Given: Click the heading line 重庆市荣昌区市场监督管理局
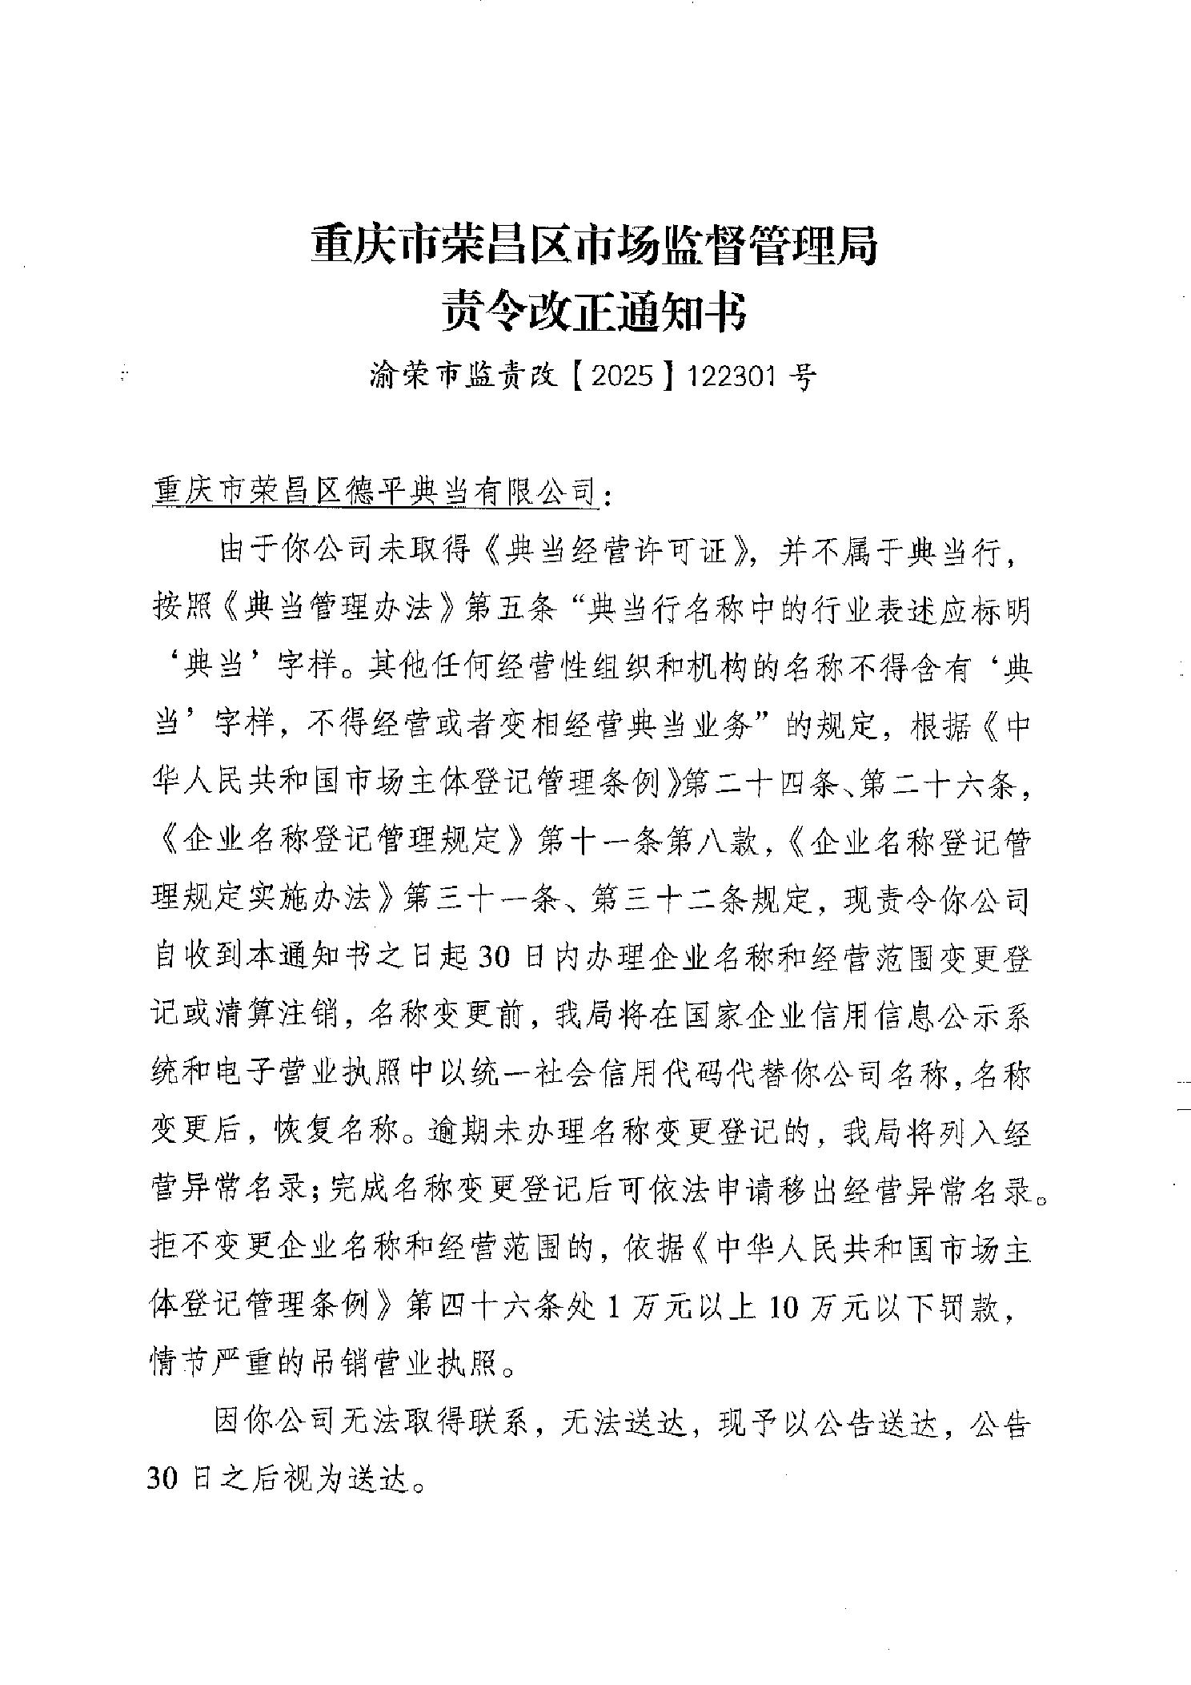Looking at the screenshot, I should pos(594,245).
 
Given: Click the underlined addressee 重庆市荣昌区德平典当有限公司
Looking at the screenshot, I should pos(375,491).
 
